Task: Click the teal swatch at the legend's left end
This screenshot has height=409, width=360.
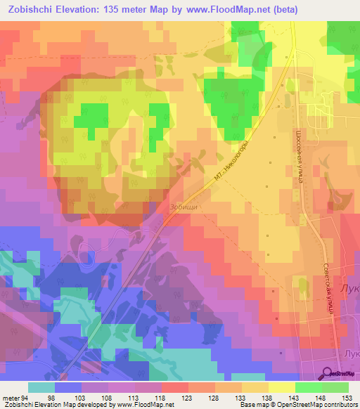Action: [x=41, y=387]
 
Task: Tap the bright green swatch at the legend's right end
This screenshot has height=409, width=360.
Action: [x=335, y=387]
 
